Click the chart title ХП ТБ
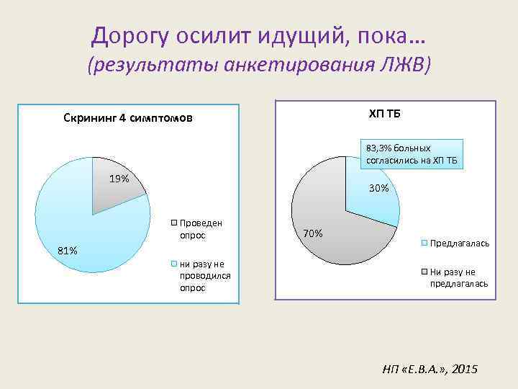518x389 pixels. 386,113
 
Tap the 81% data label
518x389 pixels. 68,251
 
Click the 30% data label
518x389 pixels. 378,188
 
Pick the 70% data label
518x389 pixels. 313,233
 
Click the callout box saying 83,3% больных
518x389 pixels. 410,153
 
